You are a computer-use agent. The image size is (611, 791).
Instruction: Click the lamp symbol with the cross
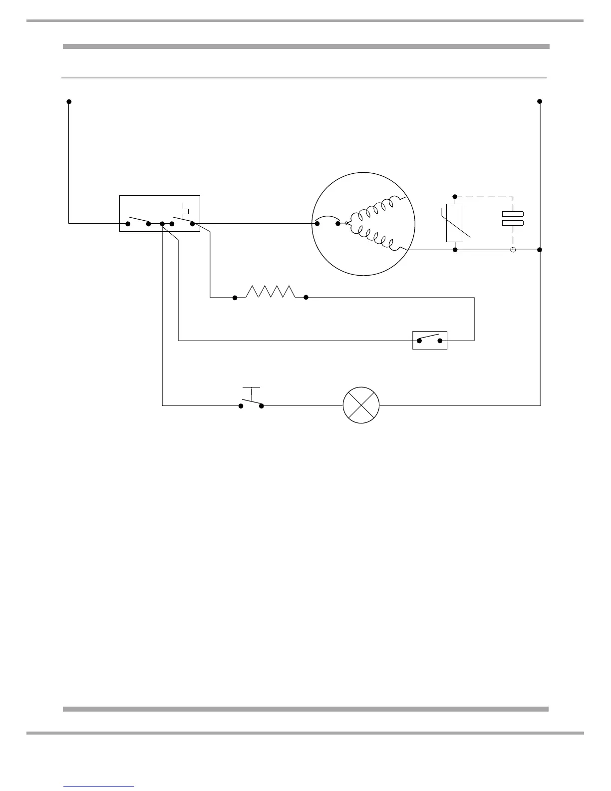tap(361, 405)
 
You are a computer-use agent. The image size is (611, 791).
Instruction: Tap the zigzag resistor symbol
tap(271, 292)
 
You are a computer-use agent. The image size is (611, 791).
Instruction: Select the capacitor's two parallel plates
tap(513, 218)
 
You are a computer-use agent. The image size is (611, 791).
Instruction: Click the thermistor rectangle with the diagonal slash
tap(455, 223)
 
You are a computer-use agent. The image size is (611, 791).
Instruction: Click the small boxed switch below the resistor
tap(430, 340)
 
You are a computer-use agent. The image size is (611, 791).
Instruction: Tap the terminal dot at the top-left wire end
tap(69, 102)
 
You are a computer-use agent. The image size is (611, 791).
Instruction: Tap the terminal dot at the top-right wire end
tap(540, 101)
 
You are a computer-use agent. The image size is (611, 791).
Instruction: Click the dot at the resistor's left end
tap(235, 298)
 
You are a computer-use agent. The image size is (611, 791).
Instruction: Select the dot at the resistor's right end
tap(306, 298)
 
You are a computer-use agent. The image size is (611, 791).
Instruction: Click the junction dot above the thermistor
tap(455, 196)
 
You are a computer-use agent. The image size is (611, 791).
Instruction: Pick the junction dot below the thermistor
tap(455, 249)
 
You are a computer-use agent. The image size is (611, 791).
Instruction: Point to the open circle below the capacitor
tap(513, 249)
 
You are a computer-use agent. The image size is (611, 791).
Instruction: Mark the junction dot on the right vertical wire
tap(540, 249)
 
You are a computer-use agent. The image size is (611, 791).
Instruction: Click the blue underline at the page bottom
tap(99, 787)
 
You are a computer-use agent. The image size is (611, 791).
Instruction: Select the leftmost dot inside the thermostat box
tap(128, 224)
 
